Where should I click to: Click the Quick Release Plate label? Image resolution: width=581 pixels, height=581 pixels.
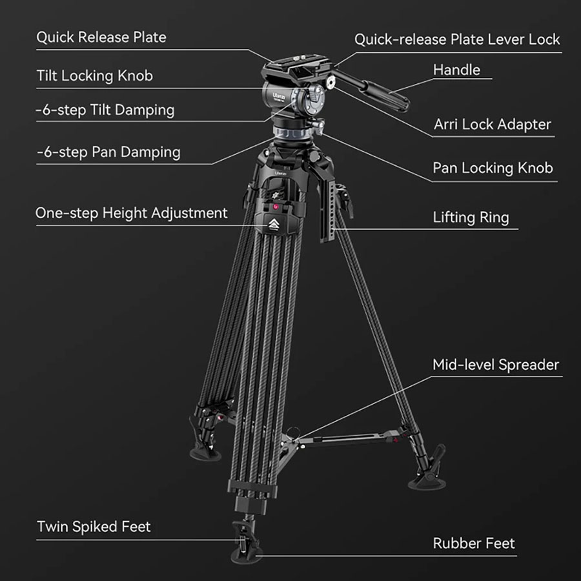coord(101,37)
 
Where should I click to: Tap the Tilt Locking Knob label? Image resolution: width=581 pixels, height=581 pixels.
coord(94,76)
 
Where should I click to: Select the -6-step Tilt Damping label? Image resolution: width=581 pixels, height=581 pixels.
coord(105,110)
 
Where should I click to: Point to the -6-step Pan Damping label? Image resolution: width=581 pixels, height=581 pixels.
coord(108,152)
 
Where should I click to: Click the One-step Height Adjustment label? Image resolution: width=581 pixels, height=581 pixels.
coord(132,213)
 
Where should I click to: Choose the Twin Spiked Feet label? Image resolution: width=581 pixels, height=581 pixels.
coord(94,527)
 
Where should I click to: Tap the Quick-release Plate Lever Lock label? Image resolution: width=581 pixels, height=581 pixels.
coord(457,39)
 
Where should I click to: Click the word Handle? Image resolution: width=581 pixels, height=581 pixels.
coord(456,70)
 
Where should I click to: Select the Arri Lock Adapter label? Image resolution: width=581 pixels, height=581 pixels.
coord(493,125)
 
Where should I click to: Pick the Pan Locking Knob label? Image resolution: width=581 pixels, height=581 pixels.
coord(493,168)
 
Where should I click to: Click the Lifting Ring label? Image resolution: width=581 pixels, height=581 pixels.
coord(471,218)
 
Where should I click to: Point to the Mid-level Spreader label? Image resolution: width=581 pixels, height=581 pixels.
coord(496,365)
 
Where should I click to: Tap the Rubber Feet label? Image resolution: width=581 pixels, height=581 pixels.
coord(474,544)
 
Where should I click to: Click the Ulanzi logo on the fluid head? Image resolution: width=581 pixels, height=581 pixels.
coord(279,97)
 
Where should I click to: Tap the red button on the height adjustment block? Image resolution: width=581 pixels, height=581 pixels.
coord(276,207)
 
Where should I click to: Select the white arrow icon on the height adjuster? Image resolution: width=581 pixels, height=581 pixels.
coord(274,224)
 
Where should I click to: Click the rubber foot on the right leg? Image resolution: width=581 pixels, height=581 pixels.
coord(427,482)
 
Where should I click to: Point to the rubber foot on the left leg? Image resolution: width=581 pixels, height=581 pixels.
coord(205,454)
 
